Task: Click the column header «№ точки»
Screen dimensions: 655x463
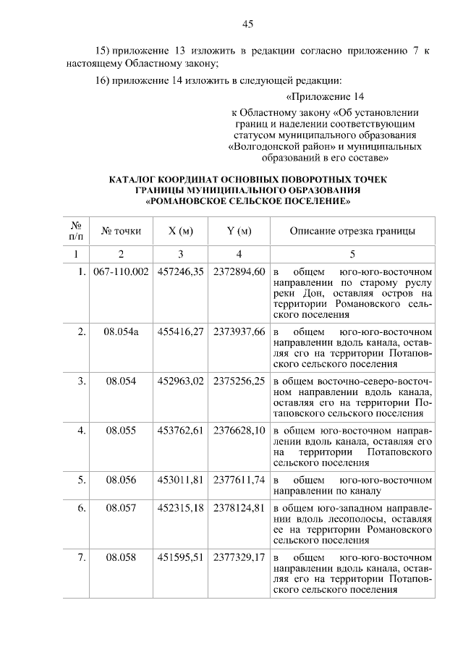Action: point(121,231)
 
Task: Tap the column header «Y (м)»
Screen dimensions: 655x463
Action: point(239,231)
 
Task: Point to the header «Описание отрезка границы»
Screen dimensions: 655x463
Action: point(352,231)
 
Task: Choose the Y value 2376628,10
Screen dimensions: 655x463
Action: point(239,430)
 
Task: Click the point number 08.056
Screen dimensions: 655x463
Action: point(121,479)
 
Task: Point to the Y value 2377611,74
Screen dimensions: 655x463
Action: point(239,479)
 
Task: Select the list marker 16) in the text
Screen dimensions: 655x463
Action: point(103,80)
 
